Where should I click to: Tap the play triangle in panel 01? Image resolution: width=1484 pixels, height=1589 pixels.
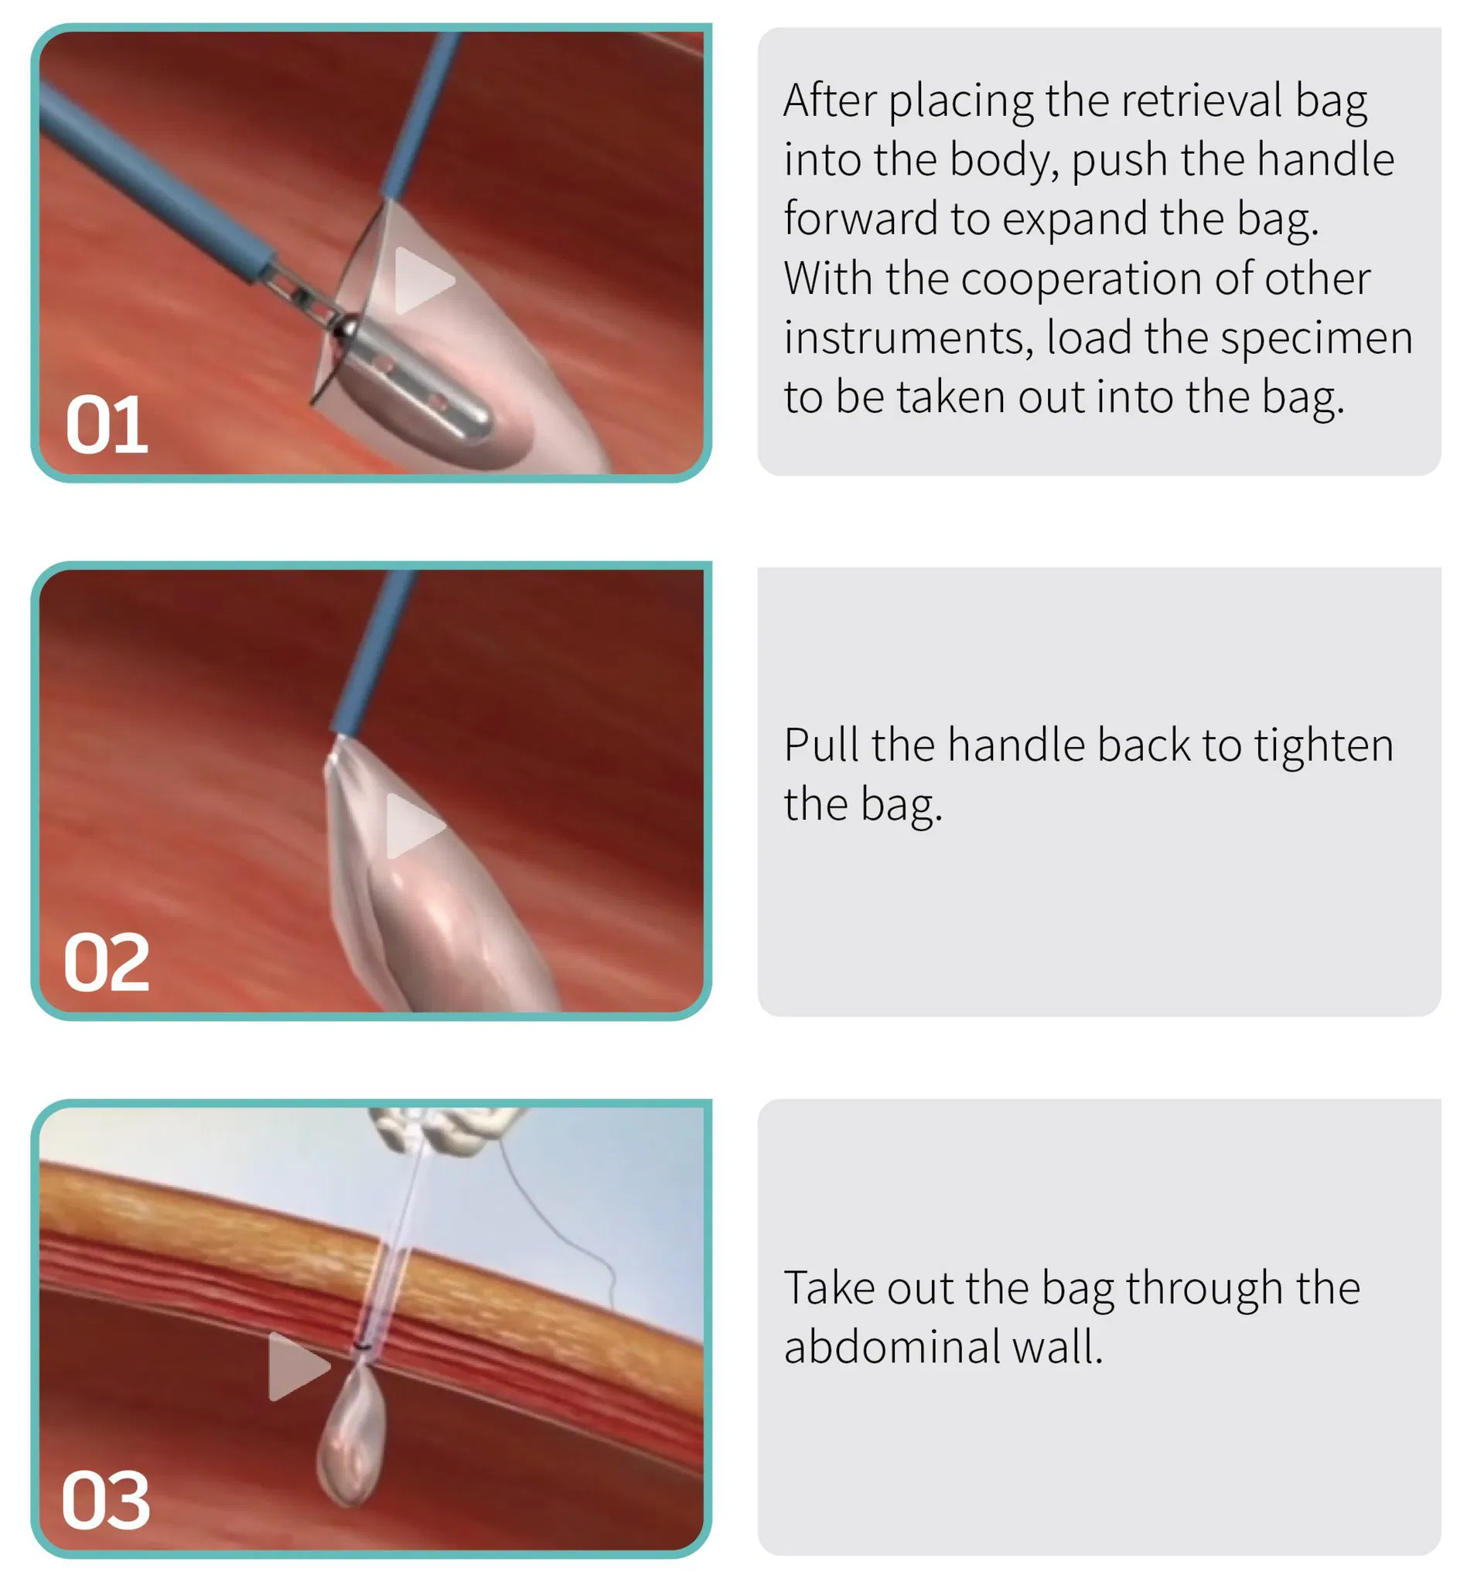point(421,281)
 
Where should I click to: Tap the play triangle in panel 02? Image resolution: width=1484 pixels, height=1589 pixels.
point(411,827)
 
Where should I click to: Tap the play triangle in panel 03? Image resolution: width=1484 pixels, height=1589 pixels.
point(295,1366)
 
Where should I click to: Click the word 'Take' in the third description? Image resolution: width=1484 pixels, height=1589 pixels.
point(827,1287)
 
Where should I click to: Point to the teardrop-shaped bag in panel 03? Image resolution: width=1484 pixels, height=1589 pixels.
point(352,1439)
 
